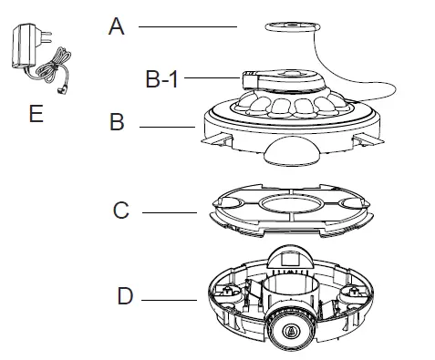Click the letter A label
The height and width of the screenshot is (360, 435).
[116, 26]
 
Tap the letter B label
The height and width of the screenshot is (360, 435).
[117, 122]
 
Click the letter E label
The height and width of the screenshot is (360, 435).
[35, 113]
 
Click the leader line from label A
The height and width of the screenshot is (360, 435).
[187, 26]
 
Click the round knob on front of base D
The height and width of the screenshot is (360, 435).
[289, 330]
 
